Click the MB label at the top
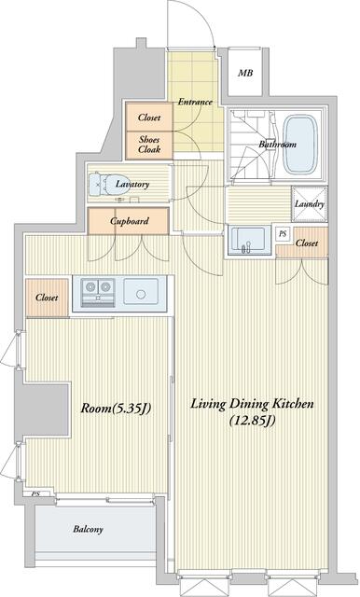tap(245, 73)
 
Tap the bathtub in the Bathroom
tap(300, 144)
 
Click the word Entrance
tap(195, 102)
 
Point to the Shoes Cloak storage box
tap(149, 146)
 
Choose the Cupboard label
tap(130, 221)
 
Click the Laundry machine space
tap(310, 203)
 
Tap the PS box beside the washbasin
tap(283, 234)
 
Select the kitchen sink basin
tap(141, 292)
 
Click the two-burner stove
tap(99, 292)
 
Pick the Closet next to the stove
tap(48, 298)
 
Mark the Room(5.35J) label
tap(116, 409)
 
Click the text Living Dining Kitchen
tap(252, 404)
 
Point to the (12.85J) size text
tap(252, 421)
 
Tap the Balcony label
tap(88, 529)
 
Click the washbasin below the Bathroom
tap(246, 241)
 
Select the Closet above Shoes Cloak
tap(149, 118)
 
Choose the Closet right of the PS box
tap(306, 243)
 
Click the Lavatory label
tap(132, 185)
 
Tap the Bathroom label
tap(277, 145)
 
